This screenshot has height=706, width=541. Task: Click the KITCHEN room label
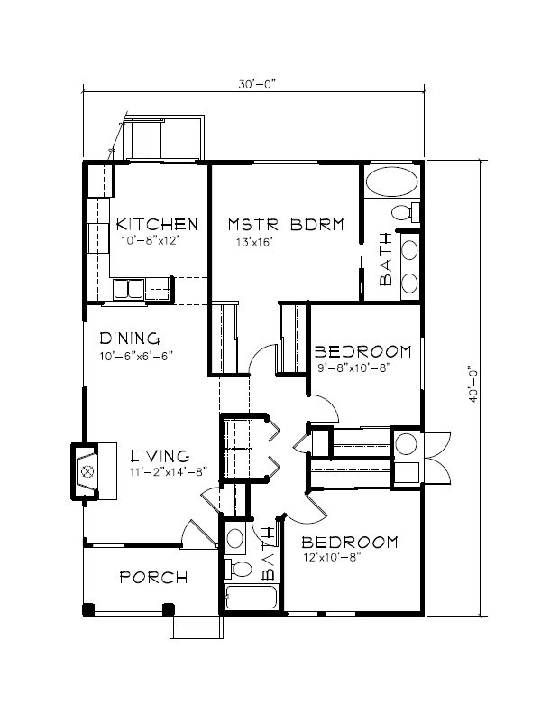(x=156, y=224)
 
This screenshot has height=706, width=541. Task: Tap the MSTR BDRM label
(x=285, y=224)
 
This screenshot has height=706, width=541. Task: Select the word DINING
(x=130, y=339)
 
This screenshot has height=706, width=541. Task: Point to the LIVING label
(x=159, y=456)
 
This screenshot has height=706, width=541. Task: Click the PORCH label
(x=153, y=578)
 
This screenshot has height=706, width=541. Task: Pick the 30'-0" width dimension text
(x=254, y=84)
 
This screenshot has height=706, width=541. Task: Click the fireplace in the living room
(x=87, y=470)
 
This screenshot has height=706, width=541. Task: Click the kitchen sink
(x=128, y=289)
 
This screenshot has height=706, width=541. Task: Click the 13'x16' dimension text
(x=254, y=242)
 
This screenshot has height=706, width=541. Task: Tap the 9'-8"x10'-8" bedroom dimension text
(x=354, y=367)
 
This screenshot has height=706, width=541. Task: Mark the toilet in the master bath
(x=407, y=214)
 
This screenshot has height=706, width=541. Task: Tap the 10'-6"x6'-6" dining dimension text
(x=135, y=356)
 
